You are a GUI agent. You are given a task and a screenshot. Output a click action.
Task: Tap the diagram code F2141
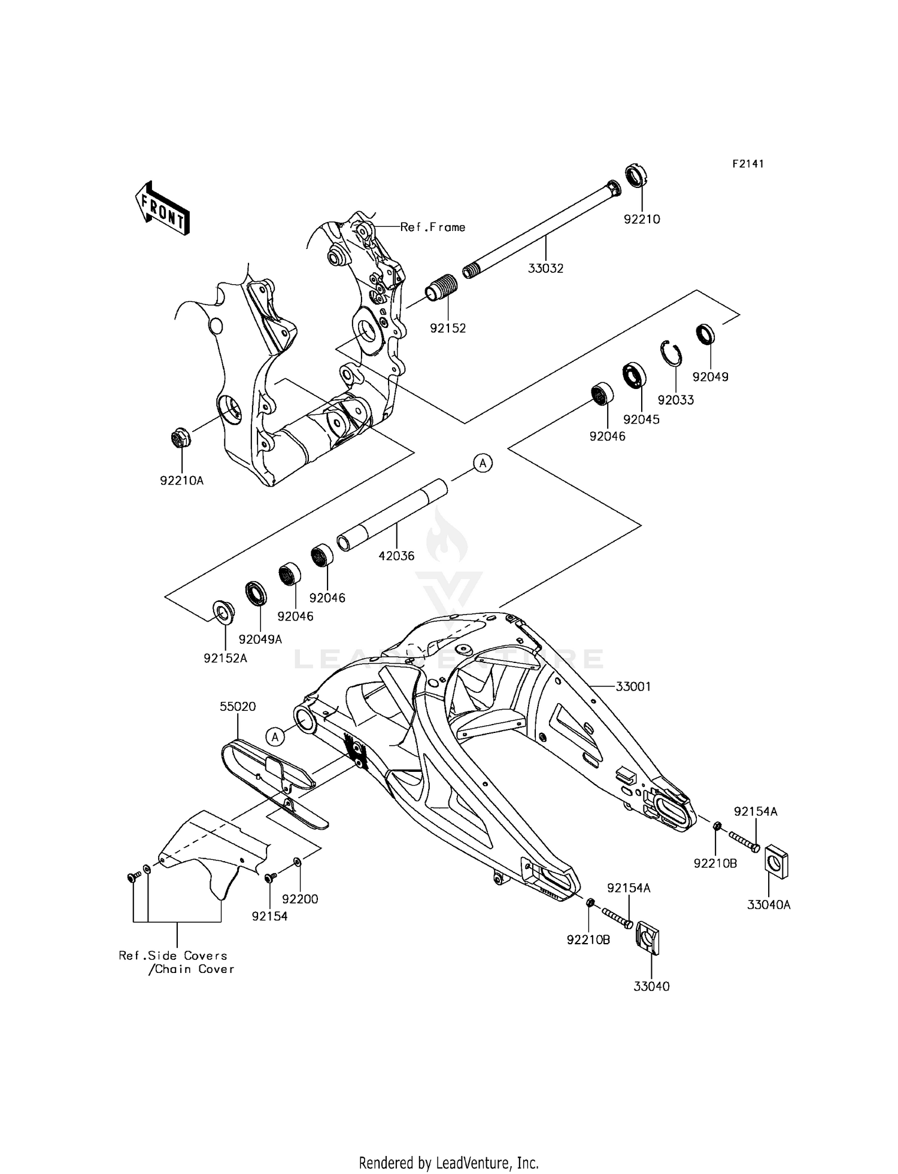[748, 164]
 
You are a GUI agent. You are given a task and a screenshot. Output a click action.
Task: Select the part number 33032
[545, 269]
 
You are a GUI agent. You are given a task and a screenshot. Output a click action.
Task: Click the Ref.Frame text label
[432, 227]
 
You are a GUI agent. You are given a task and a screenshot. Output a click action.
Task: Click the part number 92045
[641, 419]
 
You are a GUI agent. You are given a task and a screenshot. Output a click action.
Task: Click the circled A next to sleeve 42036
[483, 463]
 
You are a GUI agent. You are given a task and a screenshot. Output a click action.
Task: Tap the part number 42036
[396, 556]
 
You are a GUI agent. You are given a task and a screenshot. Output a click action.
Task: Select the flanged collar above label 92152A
[224, 613]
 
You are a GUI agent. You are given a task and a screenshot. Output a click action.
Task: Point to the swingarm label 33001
[633, 686]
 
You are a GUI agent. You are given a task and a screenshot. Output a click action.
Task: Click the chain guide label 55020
[238, 707]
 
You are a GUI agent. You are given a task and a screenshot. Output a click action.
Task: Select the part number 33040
[651, 987]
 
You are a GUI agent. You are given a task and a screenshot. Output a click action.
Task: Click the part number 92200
[300, 899]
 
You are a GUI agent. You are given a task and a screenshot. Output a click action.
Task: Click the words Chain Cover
[195, 969]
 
